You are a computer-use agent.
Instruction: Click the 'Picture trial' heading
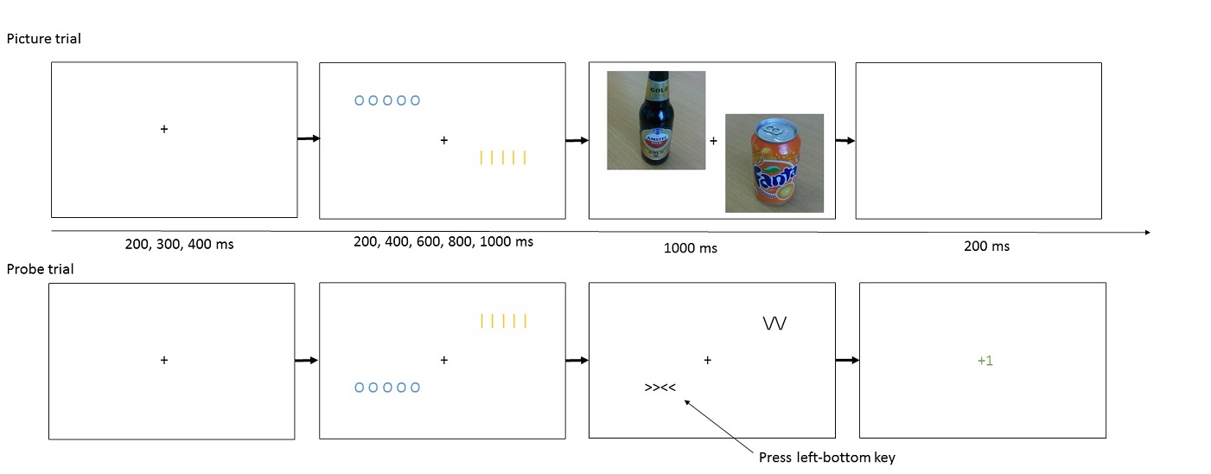(44, 39)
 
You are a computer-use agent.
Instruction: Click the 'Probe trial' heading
(40, 269)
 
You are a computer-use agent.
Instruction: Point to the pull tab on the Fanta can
(774, 131)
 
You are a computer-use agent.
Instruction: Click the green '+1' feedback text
(985, 361)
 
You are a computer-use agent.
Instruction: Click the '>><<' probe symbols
(660, 388)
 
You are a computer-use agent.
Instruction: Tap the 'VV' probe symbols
(774, 323)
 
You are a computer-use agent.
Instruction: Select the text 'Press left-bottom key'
(827, 458)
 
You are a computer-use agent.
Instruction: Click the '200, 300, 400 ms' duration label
(180, 244)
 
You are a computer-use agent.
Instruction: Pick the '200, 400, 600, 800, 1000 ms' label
(443, 241)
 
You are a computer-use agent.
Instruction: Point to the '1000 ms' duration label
(691, 248)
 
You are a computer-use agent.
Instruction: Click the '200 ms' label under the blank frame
(986, 247)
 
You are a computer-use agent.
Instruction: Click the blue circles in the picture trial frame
(387, 100)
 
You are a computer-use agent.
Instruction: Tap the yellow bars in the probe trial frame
(503, 321)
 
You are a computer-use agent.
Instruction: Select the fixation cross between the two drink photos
(714, 141)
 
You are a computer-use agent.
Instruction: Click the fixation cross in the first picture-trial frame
(164, 129)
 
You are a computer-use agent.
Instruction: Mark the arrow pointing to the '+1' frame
(848, 361)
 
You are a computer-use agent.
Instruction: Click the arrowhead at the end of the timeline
(1147, 232)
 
